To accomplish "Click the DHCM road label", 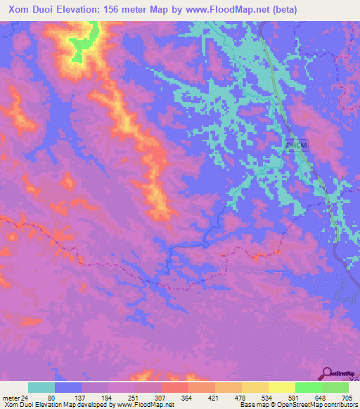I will click(x=297, y=145).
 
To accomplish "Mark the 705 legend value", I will click(x=347, y=398).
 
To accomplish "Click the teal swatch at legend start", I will click(x=41, y=387).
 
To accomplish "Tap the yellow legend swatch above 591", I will click(x=281, y=387).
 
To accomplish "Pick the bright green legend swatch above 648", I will click(x=308, y=387).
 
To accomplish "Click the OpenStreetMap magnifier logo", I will click(x=328, y=374).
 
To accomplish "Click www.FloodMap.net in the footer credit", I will click(x=141, y=405).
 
